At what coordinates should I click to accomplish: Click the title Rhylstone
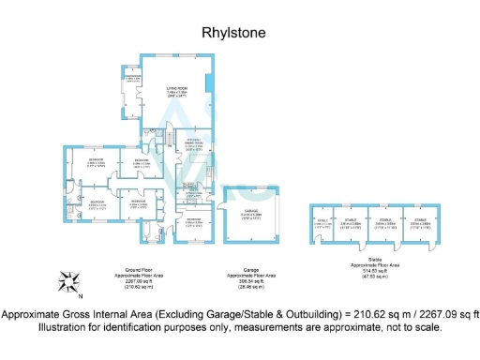234,33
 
